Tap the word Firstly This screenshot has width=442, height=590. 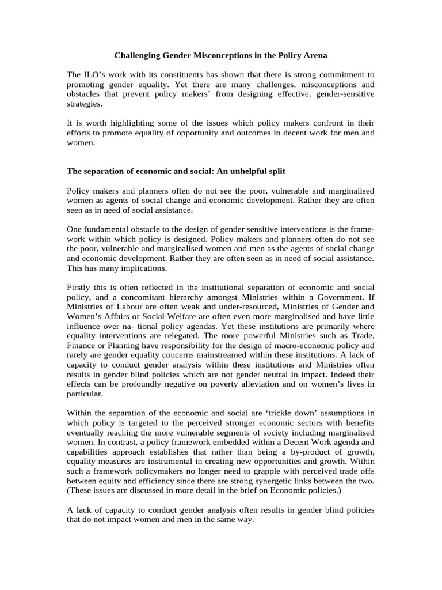point(80,287)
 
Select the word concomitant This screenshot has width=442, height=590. point(132,297)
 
